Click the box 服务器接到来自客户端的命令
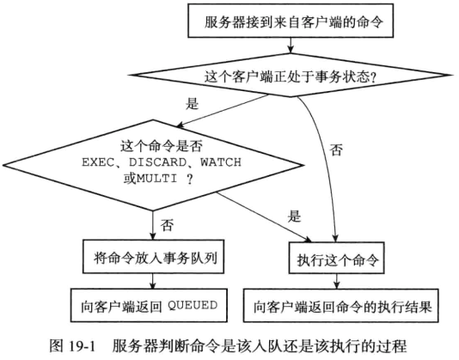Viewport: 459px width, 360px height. (291, 21)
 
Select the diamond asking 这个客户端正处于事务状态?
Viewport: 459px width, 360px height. (291, 76)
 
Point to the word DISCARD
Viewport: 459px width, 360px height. (157, 162)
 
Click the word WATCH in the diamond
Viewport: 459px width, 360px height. (221, 162)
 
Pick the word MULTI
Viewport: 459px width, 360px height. (157, 178)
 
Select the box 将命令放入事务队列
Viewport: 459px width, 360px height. (153, 257)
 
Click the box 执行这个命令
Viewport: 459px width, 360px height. (337, 258)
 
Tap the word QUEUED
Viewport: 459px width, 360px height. (193, 305)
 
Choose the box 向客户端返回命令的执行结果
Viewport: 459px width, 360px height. (341, 306)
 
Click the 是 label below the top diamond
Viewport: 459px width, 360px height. (192, 103)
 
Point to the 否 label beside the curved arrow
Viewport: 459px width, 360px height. (336, 149)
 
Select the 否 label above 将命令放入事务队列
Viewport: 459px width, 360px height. (167, 225)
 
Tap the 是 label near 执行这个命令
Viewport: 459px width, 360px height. (294, 216)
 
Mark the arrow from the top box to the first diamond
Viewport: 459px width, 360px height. (291, 46)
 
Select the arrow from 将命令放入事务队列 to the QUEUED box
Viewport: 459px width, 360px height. (152, 281)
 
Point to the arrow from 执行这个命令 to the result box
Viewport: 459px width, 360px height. (337, 281)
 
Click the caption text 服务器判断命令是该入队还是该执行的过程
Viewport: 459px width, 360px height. (260, 345)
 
